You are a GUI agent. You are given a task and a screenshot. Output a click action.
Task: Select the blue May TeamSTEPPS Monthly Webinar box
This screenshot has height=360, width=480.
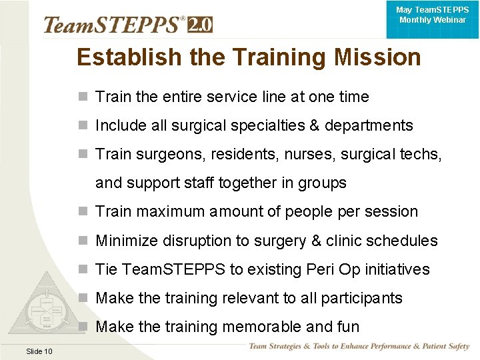coord(432,19)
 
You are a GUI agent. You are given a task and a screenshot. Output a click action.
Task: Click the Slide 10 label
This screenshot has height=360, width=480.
coord(39,351)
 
